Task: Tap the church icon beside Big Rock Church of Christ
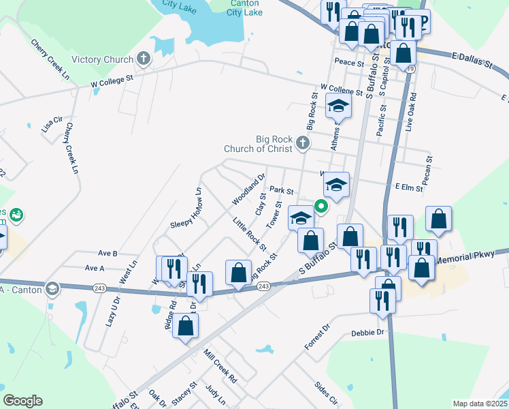303,144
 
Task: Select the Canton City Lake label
244,8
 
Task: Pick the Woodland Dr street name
248,191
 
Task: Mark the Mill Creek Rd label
220,365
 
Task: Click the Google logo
22,401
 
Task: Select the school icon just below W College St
338,106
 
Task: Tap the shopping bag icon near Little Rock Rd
238,272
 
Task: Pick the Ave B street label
108,253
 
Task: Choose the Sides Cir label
326,393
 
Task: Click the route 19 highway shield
409,69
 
